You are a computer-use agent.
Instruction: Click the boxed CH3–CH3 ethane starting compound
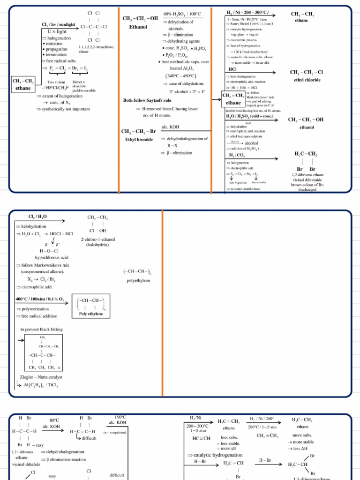pos(23,84)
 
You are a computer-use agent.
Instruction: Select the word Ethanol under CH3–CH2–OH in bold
pos(138,27)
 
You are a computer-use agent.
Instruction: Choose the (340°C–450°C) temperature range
pos(180,76)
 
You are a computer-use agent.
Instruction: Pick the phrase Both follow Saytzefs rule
pos(147,100)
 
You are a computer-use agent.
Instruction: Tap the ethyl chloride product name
pos(307,80)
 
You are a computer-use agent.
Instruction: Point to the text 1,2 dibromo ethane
pos(307,175)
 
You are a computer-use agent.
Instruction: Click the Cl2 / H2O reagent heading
pos(37,217)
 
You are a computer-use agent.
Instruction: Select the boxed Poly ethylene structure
pos(91,307)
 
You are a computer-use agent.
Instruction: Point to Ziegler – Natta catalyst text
pos(41,376)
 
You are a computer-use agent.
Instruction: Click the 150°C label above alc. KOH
pos(120,417)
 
